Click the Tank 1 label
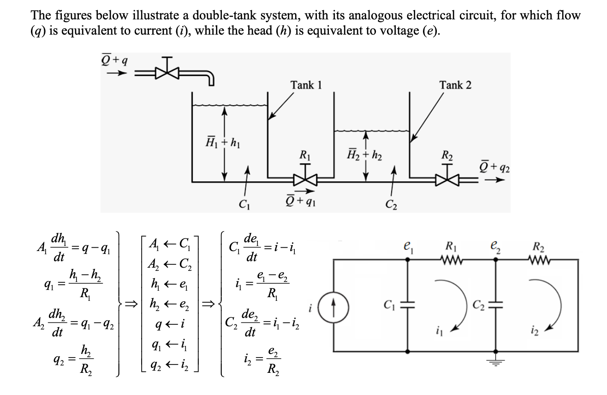tap(306, 85)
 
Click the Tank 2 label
tap(455, 85)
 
